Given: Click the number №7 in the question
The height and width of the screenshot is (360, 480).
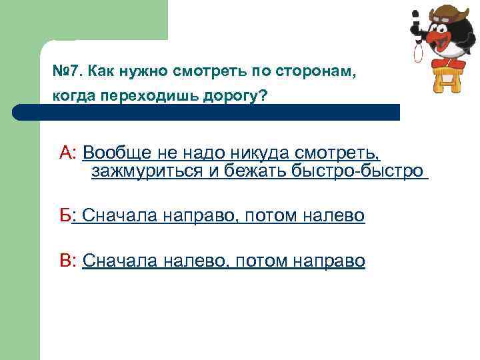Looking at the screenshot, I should tap(67, 70).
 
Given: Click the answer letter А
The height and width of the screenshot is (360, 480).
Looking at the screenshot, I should tap(67, 153).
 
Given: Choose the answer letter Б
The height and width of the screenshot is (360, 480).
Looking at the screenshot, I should tap(65, 216).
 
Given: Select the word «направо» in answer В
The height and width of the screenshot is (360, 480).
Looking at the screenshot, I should tap(328, 261).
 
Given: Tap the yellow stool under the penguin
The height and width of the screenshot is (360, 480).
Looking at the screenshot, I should tap(441, 77).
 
